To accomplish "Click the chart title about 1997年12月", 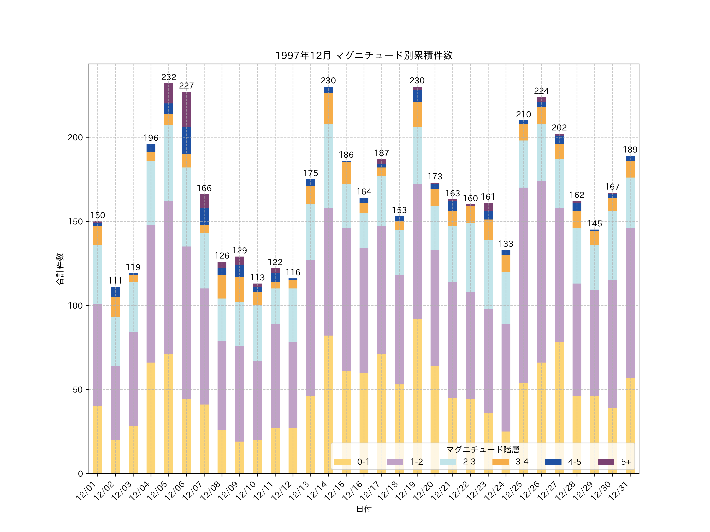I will tap(364, 56).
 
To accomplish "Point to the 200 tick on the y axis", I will tap(75, 138).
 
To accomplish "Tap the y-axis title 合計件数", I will tap(60, 269).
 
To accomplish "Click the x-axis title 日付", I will tap(364, 509).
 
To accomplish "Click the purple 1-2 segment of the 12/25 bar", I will tap(523, 285).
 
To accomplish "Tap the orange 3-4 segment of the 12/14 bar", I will tap(328, 108).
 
